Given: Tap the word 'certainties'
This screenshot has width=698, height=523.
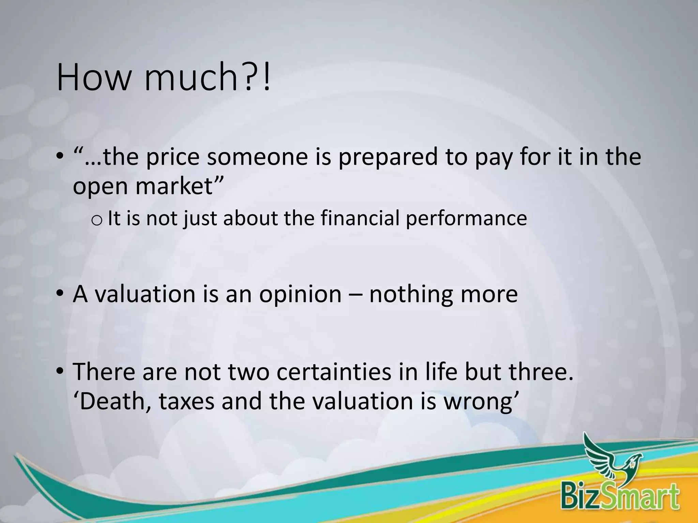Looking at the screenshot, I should click(334, 372).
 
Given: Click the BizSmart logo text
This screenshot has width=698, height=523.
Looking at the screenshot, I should click(620, 497).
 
